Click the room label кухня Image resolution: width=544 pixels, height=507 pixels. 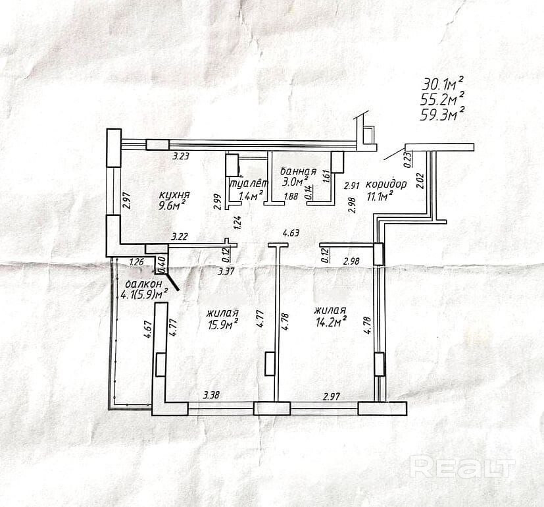pyautogui.click(x=174, y=195)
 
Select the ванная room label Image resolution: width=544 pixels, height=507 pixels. pyautogui.click(x=293, y=171)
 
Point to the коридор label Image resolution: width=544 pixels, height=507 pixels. pyautogui.click(x=386, y=184)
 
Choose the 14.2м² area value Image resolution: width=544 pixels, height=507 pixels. pyautogui.click(x=330, y=322)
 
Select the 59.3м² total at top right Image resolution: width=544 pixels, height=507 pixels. pyautogui.click(x=442, y=113)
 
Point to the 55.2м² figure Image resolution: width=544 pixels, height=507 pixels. pyautogui.click(x=442, y=99)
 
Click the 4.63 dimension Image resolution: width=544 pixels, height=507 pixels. pyautogui.click(x=291, y=232)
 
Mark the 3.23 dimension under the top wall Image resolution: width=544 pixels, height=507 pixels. pyautogui.click(x=181, y=157)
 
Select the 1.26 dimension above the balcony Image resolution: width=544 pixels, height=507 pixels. pyautogui.click(x=137, y=262)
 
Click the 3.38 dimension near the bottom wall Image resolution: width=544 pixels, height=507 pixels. pyautogui.click(x=212, y=395)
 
